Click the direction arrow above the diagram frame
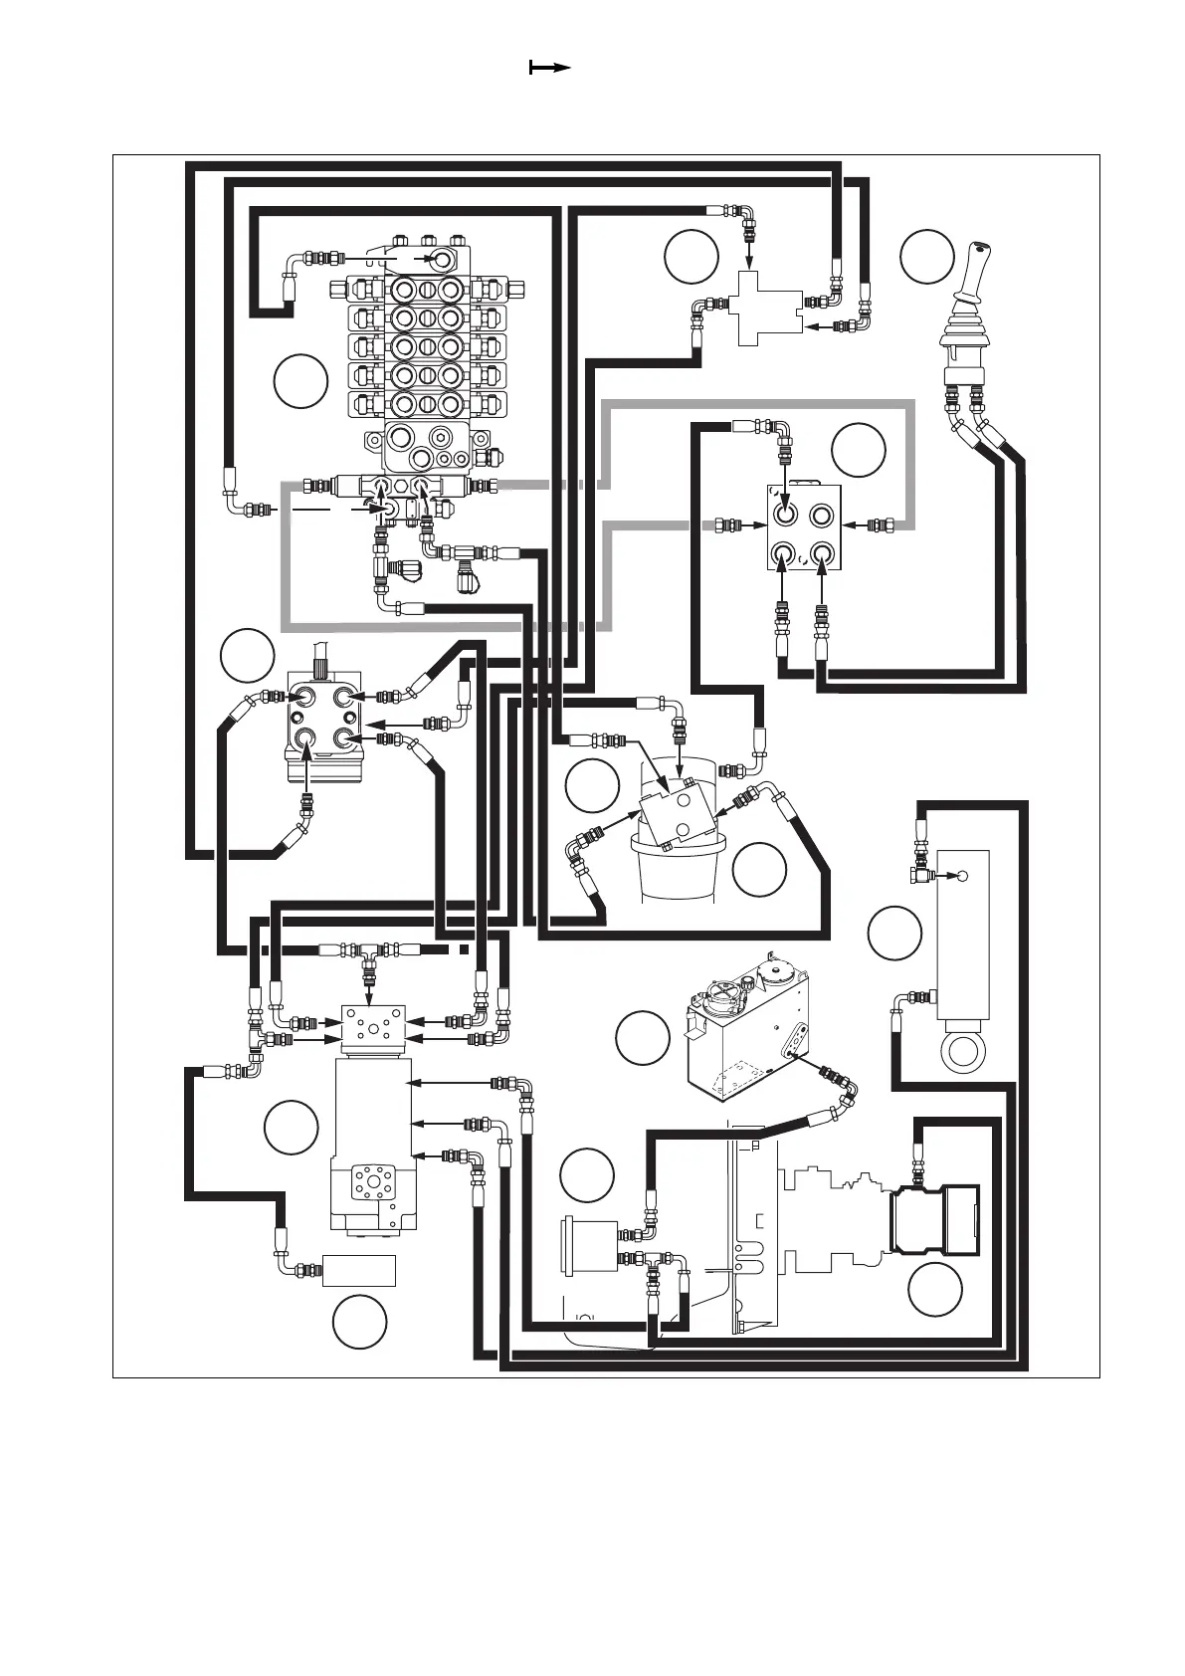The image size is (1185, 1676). [549, 68]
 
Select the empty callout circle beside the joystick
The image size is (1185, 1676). [926, 256]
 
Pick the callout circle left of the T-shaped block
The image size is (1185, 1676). [691, 256]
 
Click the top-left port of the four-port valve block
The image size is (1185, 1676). [785, 516]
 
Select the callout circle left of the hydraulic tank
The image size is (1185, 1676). [642, 1037]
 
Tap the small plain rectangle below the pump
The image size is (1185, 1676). [359, 1271]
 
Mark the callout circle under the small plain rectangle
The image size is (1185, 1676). [359, 1322]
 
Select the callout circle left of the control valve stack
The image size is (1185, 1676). [300, 381]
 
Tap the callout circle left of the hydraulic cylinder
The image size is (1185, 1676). [893, 934]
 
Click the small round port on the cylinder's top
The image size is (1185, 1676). [961, 876]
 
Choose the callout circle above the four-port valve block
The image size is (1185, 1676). [858, 450]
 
